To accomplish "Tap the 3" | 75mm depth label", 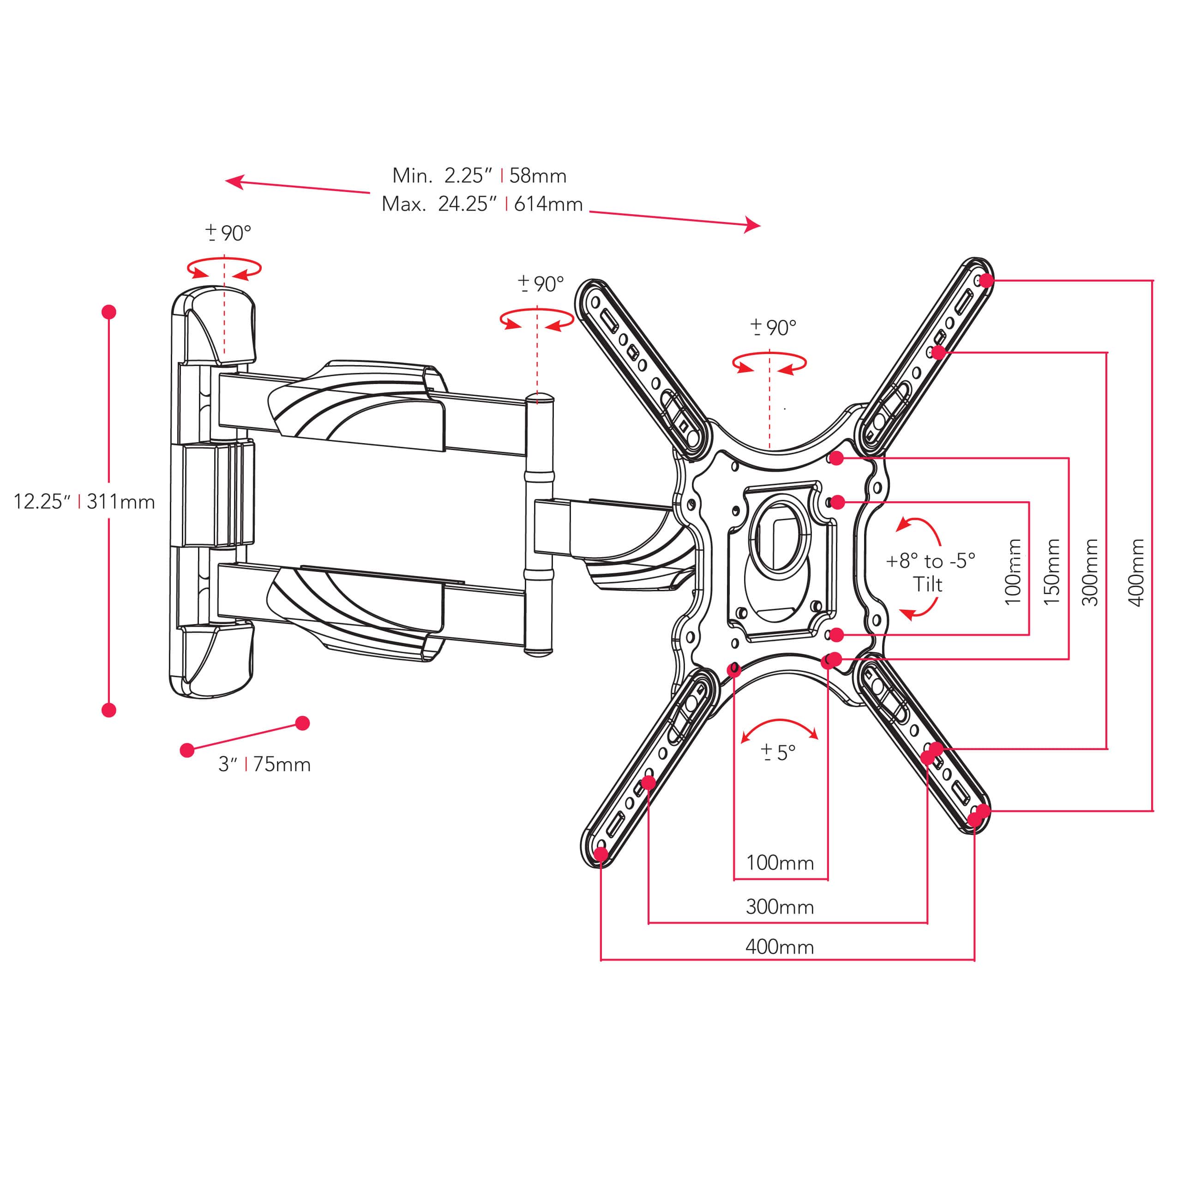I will [x=264, y=764].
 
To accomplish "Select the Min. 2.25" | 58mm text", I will [x=479, y=175].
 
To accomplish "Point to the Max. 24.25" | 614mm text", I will [x=482, y=204].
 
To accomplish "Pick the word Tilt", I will [x=927, y=584].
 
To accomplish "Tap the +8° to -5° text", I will [x=930, y=560].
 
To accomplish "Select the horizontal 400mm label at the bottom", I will [x=779, y=947].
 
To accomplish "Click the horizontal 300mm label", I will [x=779, y=907].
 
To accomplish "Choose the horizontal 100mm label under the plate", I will [x=779, y=863].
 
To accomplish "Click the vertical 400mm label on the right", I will [x=1136, y=571].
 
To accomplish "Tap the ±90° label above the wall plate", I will [x=228, y=233].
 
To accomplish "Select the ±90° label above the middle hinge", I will [x=541, y=284].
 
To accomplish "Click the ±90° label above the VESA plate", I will [x=773, y=328].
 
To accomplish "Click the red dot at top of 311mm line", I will [x=109, y=312].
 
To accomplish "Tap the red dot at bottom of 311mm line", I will [x=109, y=710].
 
